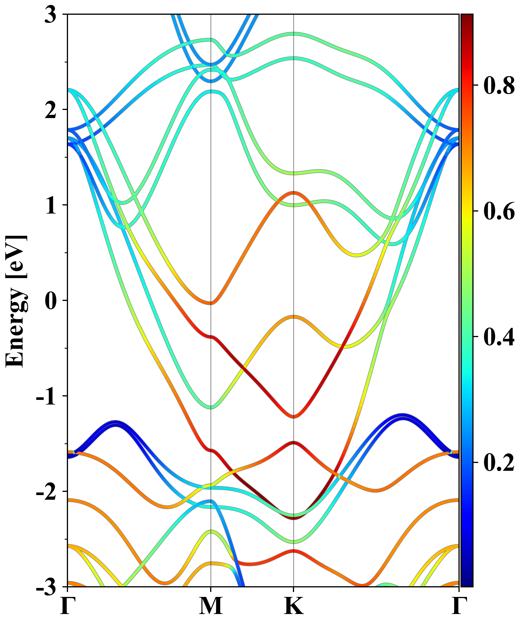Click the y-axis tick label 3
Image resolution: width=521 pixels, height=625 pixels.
[51, 15]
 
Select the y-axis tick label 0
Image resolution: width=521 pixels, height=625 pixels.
[51, 301]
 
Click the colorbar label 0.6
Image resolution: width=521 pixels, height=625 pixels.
[499, 211]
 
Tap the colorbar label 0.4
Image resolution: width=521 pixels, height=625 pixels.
[499, 337]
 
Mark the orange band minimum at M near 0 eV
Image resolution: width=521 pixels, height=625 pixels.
[211, 303]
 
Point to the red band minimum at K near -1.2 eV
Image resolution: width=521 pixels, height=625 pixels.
[294, 416]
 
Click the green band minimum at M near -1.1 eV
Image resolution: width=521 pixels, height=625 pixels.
[211, 407]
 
